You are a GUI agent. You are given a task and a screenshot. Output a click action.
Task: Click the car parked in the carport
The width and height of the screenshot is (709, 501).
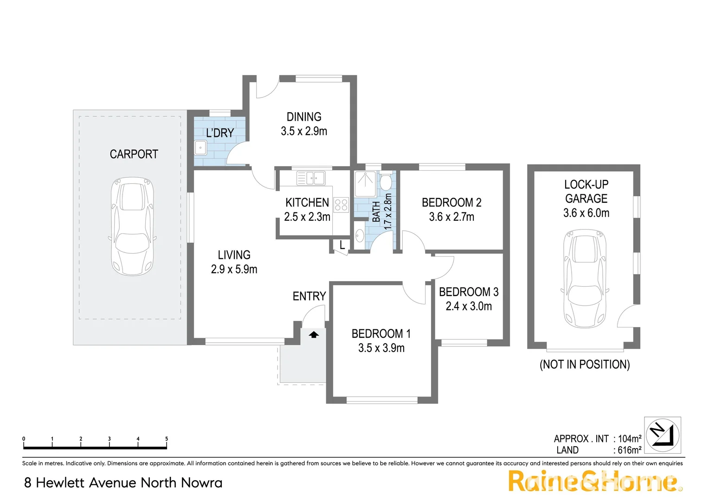coord(132,226)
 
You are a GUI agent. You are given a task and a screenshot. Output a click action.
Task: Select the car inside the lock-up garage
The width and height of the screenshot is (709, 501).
coord(585,278)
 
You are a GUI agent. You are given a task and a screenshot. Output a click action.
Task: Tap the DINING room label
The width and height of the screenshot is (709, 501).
coord(304,117)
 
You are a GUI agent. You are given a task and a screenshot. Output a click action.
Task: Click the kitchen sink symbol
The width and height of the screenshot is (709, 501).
coord(311,178)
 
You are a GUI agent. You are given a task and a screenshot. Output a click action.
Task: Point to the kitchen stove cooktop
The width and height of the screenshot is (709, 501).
coord(342,205)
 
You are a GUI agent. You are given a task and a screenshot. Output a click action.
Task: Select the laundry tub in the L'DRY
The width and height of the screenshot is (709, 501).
coord(200,148)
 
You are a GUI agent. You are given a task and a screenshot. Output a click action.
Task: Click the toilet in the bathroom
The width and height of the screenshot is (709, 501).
coord(385,182)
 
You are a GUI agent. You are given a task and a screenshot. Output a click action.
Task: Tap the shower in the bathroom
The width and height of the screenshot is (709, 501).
coord(365,184)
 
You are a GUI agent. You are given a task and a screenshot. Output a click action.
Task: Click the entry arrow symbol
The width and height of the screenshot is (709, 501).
coord(314,334)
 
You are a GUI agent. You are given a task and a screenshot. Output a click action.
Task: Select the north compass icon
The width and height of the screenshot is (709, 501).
coord(663,435)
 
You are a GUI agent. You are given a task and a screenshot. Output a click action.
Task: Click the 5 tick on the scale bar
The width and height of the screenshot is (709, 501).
coord(167,439)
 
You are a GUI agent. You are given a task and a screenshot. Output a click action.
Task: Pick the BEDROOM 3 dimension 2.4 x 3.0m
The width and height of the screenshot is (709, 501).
coord(469,306)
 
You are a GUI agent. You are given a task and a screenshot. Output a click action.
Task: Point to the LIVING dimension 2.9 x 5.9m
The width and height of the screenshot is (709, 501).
coord(234,270)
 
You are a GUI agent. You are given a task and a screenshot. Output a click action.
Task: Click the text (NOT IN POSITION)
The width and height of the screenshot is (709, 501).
coord(585,365)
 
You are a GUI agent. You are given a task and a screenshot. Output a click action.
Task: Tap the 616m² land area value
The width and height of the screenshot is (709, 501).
coord(629,450)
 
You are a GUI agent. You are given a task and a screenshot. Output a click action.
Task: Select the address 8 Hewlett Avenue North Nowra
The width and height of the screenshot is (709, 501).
coord(123,483)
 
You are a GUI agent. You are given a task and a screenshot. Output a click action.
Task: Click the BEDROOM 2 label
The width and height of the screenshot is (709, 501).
coord(451,203)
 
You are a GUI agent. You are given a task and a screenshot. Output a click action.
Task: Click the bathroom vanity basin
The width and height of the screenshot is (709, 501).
coord(360,236)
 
